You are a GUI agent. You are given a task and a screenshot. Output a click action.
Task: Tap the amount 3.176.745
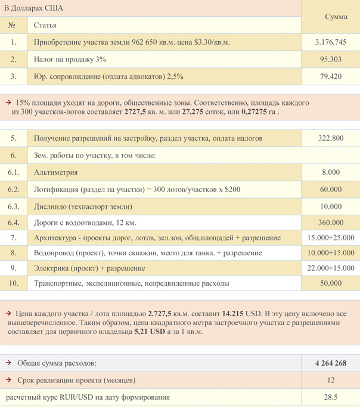click(330, 42)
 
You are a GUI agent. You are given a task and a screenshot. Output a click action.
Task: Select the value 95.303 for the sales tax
click(330, 59)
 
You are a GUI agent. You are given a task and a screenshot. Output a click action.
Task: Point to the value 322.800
click(331, 138)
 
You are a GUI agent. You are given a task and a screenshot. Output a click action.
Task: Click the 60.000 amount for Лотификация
click(331, 189)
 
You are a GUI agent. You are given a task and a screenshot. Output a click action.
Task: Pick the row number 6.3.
click(14, 206)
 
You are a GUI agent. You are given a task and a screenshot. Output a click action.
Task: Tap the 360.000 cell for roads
click(331, 222)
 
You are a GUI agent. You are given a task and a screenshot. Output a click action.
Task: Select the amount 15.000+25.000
click(331, 237)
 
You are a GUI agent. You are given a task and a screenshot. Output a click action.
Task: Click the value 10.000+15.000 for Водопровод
click(331, 253)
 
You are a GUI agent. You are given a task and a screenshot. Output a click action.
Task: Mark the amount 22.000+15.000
click(331, 268)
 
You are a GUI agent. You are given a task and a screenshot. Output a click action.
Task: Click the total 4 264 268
click(331, 363)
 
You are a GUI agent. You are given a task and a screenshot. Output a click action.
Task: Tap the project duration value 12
click(331, 380)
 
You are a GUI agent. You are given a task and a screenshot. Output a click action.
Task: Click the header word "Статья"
click(45, 26)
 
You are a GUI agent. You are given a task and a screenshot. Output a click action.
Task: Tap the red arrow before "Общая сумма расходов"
click(8, 363)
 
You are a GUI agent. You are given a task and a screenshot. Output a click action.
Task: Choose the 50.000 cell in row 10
click(331, 283)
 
